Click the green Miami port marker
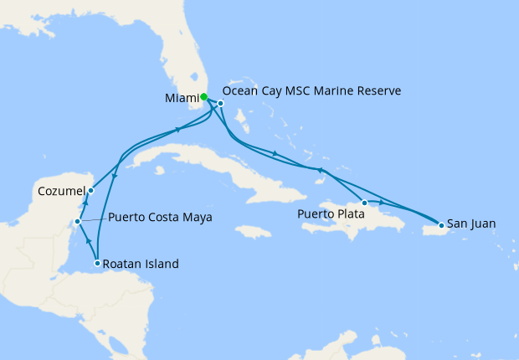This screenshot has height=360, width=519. tap(203, 96)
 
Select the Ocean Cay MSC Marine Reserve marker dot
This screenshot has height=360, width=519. tap(220, 103)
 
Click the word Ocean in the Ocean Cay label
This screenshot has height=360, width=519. tap(243, 90)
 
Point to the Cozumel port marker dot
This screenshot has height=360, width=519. tap(90, 191)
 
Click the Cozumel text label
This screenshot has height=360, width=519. tap(61, 192)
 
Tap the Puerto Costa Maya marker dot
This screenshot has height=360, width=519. tap(77, 222)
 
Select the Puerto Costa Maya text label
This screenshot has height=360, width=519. tap(160, 217)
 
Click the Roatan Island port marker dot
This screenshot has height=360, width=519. tap(98, 264)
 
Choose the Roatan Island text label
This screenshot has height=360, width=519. tap(141, 264)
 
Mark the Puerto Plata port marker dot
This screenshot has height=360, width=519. tap(364, 203)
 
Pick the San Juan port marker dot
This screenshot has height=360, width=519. tap(441, 225)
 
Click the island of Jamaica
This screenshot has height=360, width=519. tap(253, 231)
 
